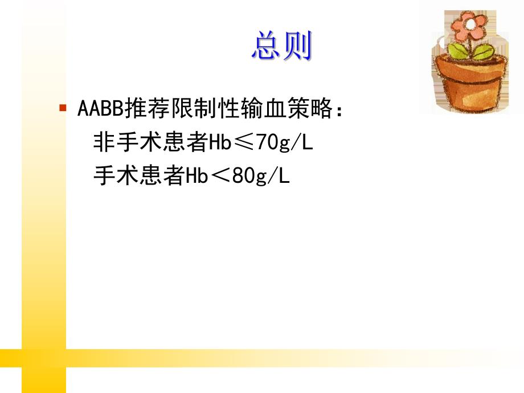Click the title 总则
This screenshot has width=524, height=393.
282,47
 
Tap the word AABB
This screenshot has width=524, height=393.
100,108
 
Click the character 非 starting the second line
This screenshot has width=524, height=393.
103,142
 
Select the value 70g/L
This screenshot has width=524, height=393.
284,142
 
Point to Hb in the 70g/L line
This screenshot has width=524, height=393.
218,142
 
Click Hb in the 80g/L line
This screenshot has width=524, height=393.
195,176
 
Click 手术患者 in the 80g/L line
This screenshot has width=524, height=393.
138,176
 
